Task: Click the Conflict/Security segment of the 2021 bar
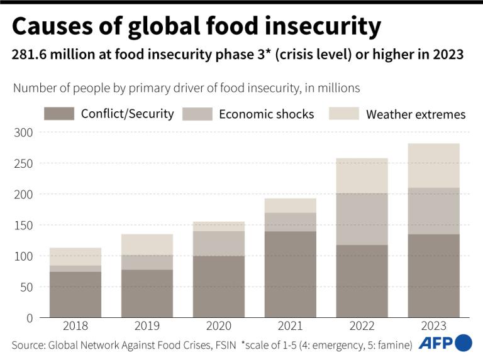click(x=291, y=274)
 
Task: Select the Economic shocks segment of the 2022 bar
click(x=362, y=219)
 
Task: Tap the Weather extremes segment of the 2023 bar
click(x=434, y=165)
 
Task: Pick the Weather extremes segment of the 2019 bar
click(x=147, y=244)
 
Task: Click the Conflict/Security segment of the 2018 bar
click(x=75, y=294)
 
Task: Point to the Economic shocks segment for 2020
click(x=219, y=243)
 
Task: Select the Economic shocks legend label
click(x=266, y=114)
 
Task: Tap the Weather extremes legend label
click(x=416, y=114)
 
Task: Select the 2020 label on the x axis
click(x=219, y=326)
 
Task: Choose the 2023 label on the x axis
click(x=434, y=326)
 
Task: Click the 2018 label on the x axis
click(x=75, y=326)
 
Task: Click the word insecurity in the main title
click(x=313, y=27)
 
